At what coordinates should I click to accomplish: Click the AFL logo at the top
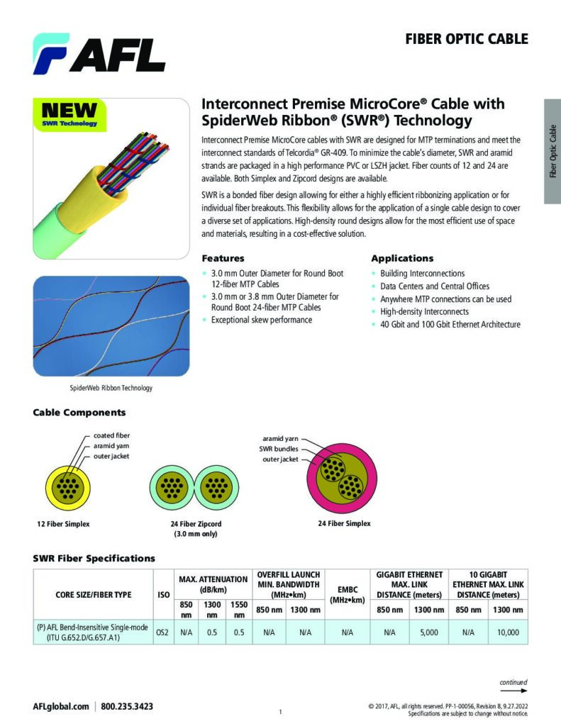pos(99,54)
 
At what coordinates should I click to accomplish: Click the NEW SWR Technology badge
pos(70,115)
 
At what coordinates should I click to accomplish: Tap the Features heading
pos(223,258)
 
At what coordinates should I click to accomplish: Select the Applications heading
pos(402,258)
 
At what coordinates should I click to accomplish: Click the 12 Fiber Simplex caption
pos(63,524)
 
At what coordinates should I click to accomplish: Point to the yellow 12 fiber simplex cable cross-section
pos(67,488)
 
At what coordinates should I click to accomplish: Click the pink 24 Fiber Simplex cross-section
pos(342,478)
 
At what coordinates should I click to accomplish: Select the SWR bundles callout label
pos(279,449)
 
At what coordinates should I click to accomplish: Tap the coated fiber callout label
pos(111,435)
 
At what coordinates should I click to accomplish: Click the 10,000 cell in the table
pos(509,632)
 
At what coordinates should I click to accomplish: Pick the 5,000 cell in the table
pos(429,632)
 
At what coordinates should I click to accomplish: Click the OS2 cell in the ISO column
pos(162,632)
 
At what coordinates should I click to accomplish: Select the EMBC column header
pos(348,595)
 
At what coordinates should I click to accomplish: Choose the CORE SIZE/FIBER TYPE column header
pos(94,595)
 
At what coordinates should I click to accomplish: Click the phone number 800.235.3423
pos(127,707)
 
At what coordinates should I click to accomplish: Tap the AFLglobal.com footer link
pos(61,707)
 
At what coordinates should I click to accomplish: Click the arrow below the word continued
pos(513,691)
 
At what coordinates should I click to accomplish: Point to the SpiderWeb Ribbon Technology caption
pos(111,388)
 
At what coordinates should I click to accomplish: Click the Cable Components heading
pos(79,413)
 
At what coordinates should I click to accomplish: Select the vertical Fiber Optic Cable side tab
pos(552,151)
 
